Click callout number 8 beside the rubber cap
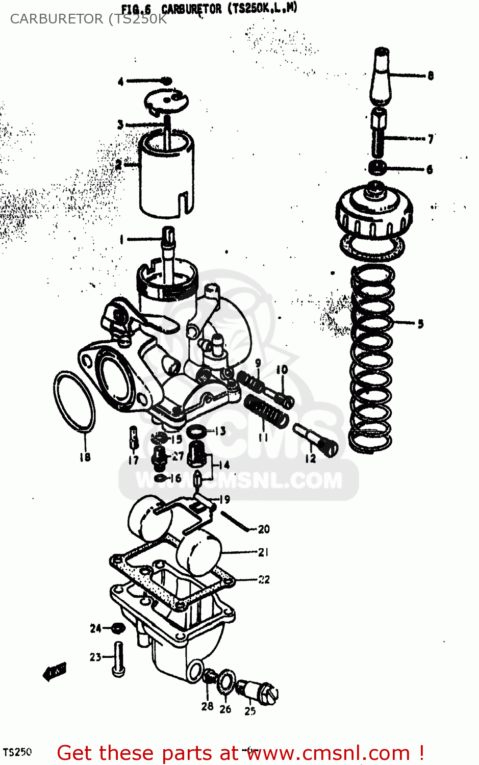(x=431, y=76)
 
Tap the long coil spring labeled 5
(x=371, y=357)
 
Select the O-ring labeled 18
(x=74, y=402)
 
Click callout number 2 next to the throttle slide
(x=119, y=164)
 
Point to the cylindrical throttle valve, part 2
(x=166, y=176)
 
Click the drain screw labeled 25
(x=258, y=692)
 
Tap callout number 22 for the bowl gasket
(x=264, y=579)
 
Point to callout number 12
(x=310, y=458)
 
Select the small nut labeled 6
(x=377, y=168)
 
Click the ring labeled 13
(x=196, y=432)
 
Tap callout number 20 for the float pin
(x=264, y=529)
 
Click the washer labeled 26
(x=226, y=683)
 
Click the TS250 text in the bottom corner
(x=17, y=752)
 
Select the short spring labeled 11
(x=266, y=411)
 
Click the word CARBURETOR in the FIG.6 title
(x=191, y=9)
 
